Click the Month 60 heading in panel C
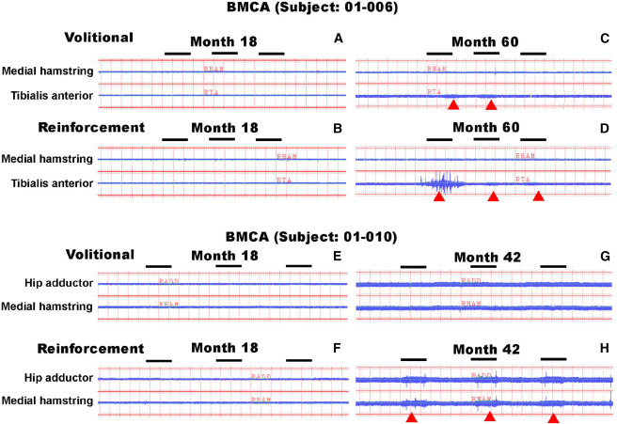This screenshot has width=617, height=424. click(x=485, y=43)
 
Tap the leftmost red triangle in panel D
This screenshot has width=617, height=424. click(x=439, y=197)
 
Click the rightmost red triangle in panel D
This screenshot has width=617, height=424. click(x=538, y=197)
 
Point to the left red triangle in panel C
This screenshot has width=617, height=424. click(x=452, y=105)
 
